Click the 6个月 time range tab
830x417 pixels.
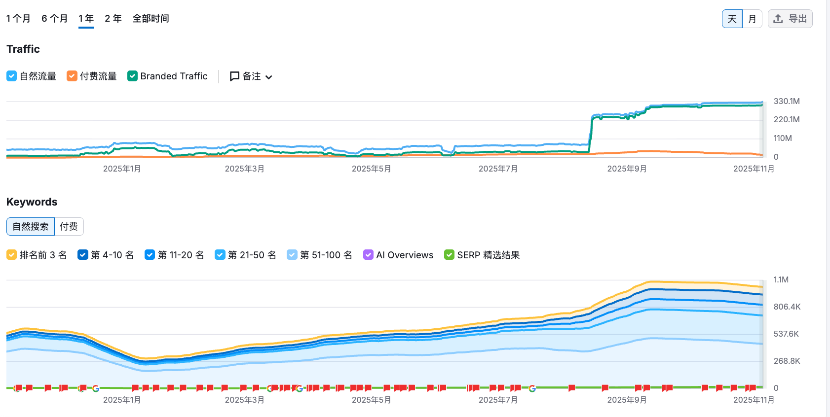click(54, 19)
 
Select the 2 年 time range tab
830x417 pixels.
click(113, 19)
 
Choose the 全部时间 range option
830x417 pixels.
click(151, 19)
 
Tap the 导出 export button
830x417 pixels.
click(790, 19)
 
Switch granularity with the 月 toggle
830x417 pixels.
click(752, 19)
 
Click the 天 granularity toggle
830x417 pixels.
click(732, 19)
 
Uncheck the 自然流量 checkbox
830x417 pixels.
click(12, 76)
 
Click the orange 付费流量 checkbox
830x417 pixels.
click(72, 76)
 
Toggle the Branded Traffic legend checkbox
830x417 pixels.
click(132, 76)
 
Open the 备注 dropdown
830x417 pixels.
click(251, 76)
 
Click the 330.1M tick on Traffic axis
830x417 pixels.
click(786, 101)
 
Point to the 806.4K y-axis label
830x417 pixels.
click(787, 307)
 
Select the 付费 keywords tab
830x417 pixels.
click(69, 226)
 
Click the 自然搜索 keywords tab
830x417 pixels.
click(31, 226)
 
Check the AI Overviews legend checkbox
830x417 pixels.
click(368, 255)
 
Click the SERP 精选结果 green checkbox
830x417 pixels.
click(449, 255)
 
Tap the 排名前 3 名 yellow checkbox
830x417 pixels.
click(12, 255)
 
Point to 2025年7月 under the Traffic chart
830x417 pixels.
click(498, 169)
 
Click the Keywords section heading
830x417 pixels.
click(32, 202)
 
